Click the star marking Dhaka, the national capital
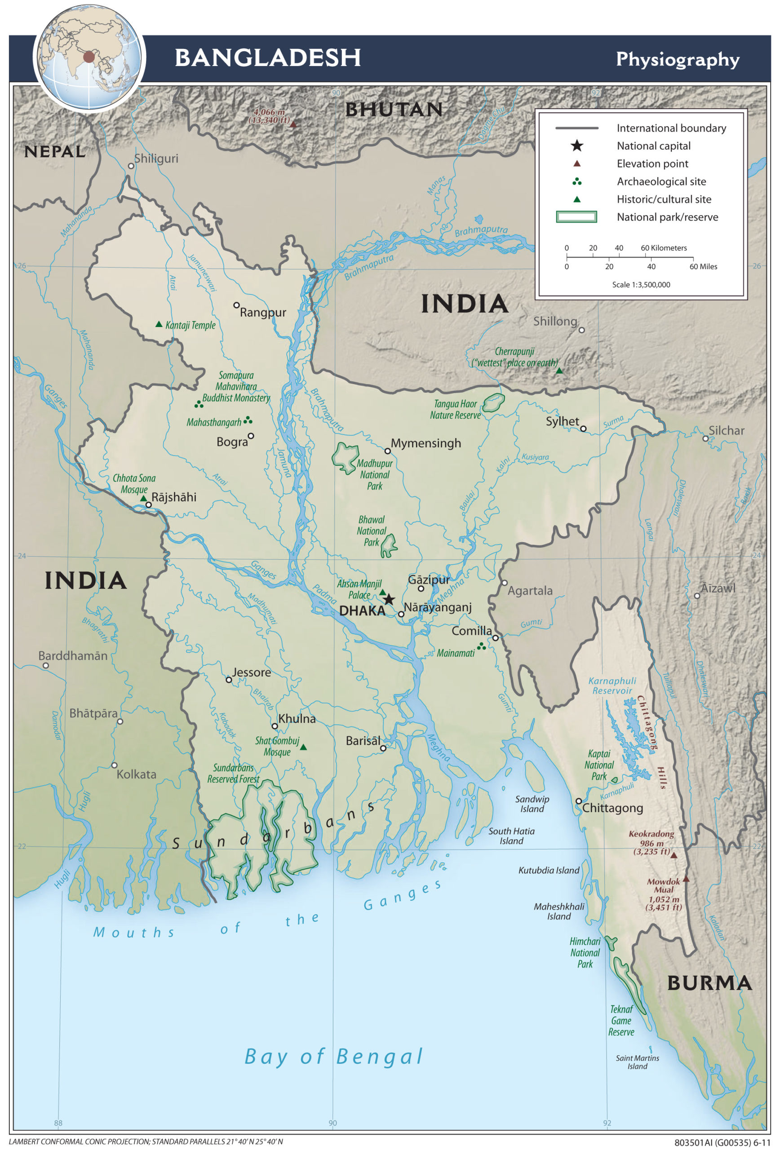[x=389, y=599]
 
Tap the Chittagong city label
[x=612, y=808]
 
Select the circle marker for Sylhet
[x=583, y=429]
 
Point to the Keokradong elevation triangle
[x=674, y=854]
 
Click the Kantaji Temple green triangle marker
[x=159, y=324]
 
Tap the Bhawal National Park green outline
[x=389, y=545]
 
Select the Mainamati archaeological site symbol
[x=481, y=646]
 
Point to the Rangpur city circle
[x=237, y=305]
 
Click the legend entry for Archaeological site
[x=661, y=181]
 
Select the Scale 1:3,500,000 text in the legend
[x=641, y=284]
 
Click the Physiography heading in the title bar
[x=677, y=59]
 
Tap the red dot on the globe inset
[x=89, y=57]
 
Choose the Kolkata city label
[x=136, y=774]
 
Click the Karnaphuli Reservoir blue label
[x=612, y=686]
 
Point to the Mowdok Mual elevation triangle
[x=686, y=879]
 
